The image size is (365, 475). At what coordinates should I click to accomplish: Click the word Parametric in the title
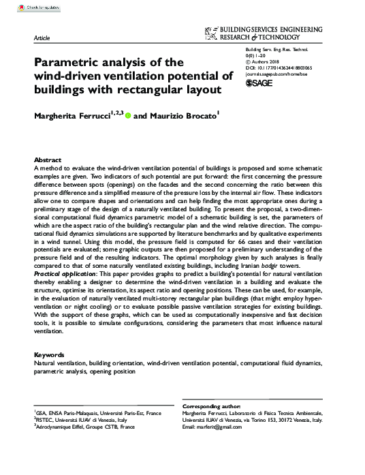(x=67, y=61)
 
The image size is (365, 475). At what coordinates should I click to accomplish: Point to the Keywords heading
(x=49, y=355)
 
